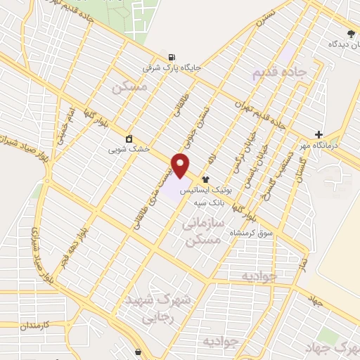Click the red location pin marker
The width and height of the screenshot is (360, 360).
181,165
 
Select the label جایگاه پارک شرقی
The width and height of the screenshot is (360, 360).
172,69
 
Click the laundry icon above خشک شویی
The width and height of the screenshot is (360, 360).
129,139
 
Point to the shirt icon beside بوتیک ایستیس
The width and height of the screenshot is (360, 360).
206,179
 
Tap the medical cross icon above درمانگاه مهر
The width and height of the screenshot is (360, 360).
320,134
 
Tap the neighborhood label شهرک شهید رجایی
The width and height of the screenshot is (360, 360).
157,308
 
